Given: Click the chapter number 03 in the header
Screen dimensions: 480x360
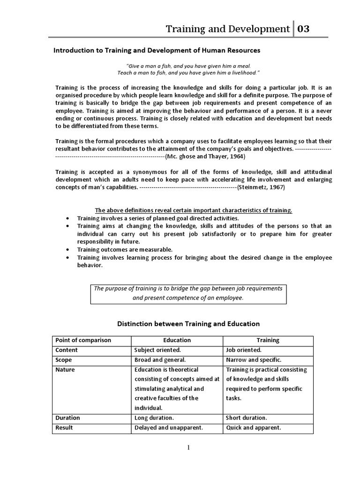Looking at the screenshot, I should [303, 29].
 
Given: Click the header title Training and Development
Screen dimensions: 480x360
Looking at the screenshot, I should [228, 29].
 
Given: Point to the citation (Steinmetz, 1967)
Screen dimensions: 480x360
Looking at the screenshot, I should [261, 187].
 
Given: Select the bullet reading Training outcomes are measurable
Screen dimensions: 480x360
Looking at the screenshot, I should [125, 249].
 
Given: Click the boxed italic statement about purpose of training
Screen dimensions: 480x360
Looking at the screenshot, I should [188, 293].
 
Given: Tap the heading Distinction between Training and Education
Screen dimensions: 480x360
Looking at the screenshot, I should [187, 323].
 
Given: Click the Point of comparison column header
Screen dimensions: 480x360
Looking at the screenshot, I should [83, 340].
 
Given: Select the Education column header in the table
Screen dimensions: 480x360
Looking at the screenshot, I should [177, 340].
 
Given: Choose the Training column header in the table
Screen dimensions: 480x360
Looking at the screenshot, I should [268, 340].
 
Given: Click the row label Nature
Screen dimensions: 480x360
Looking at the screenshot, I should [65, 370].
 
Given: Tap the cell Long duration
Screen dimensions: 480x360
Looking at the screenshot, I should [154, 418].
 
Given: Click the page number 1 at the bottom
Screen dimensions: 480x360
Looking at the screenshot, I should [188, 448].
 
